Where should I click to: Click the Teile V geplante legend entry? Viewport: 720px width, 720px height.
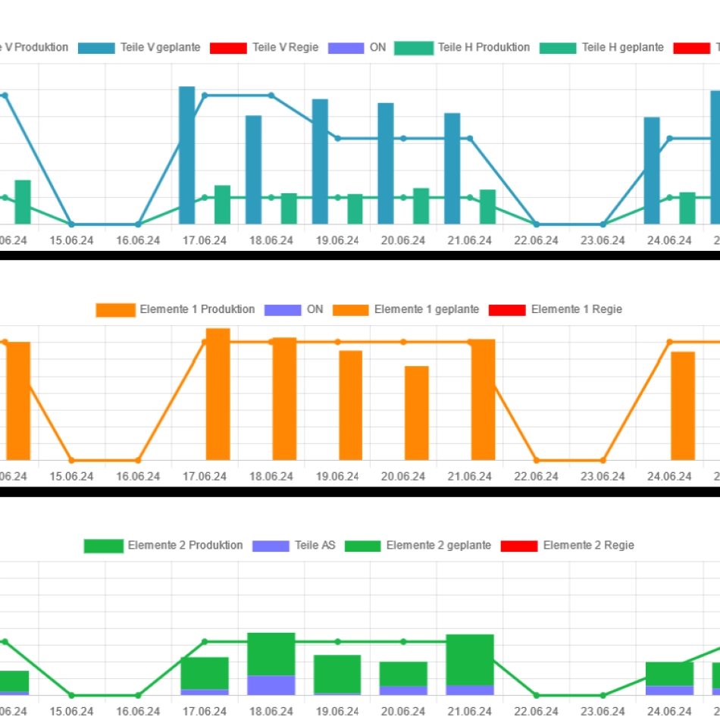(x=160, y=48)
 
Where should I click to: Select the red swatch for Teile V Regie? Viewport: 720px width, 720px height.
(x=228, y=48)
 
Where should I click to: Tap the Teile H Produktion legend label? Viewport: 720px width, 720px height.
(x=484, y=48)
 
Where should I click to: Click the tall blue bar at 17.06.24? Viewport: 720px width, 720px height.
(x=186, y=155)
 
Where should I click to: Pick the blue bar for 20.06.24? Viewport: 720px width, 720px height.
(x=386, y=163)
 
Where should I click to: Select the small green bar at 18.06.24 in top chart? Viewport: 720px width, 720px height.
(x=289, y=208)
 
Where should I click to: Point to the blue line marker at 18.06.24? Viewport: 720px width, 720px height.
(x=271, y=95)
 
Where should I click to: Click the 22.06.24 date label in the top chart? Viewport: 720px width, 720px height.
(x=536, y=240)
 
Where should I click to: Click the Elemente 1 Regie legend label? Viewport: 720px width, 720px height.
(x=576, y=309)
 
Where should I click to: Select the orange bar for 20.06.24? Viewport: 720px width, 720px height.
(x=416, y=413)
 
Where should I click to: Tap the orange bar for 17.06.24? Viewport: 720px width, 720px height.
(x=218, y=394)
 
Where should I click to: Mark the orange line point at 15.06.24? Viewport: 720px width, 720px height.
(x=72, y=460)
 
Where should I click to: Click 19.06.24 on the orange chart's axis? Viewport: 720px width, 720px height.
(x=337, y=476)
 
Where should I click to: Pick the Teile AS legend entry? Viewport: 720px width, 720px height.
(x=315, y=546)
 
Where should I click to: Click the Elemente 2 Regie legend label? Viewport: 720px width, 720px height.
(x=588, y=546)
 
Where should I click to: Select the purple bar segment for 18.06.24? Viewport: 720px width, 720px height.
(x=271, y=685)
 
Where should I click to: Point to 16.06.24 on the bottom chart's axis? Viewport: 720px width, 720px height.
(x=138, y=711)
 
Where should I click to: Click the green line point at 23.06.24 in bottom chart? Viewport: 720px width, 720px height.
(x=603, y=695)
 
